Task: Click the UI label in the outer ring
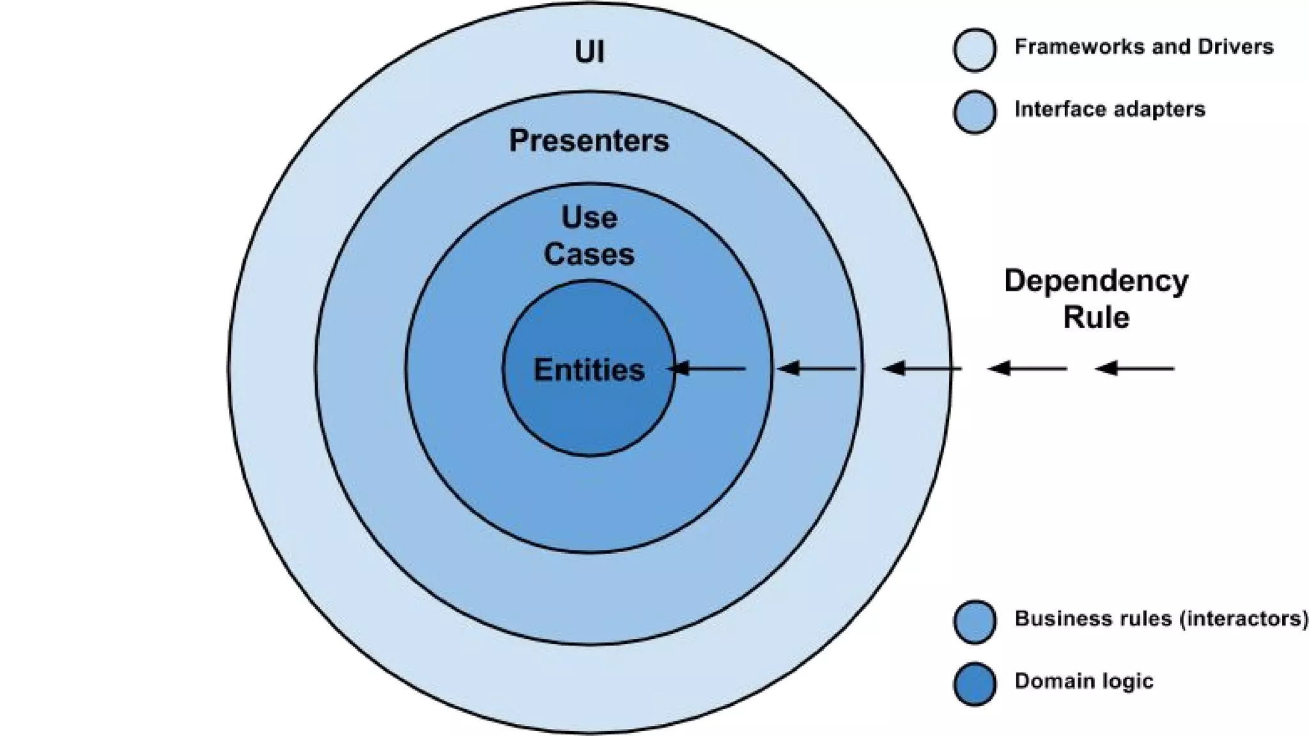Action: pyautogui.click(x=589, y=52)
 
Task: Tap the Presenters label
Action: pyautogui.click(x=589, y=141)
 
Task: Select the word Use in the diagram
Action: pyautogui.click(x=589, y=218)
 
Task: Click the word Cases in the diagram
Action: pyautogui.click(x=589, y=254)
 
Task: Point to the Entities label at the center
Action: pyautogui.click(x=589, y=370)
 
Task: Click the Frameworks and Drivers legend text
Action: pyautogui.click(x=1143, y=47)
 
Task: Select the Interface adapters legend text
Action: pyautogui.click(x=1110, y=109)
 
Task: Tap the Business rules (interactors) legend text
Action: pyautogui.click(x=1161, y=618)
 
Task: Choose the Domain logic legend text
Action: pyautogui.click(x=1084, y=681)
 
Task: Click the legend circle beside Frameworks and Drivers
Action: pyautogui.click(x=975, y=49)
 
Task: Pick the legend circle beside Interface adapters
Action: pyautogui.click(x=975, y=112)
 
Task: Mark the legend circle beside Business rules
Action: pyautogui.click(x=975, y=621)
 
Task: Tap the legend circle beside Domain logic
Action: pyautogui.click(x=975, y=684)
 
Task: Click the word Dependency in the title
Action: pyautogui.click(x=1096, y=281)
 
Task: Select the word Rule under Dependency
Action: pyautogui.click(x=1096, y=318)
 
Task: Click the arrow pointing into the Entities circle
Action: pyautogui.click(x=706, y=369)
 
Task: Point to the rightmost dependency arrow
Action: pyautogui.click(x=1135, y=369)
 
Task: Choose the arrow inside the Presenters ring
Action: pyautogui.click(x=817, y=369)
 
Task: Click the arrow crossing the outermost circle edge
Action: pyautogui.click(x=922, y=369)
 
